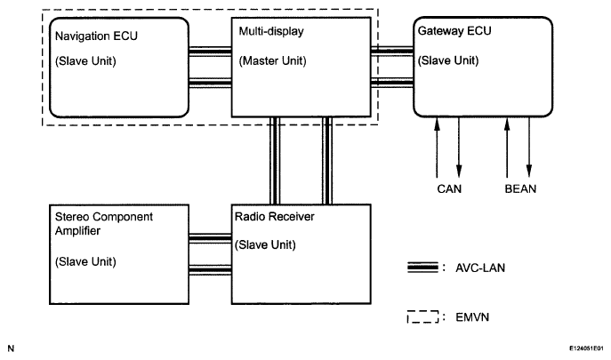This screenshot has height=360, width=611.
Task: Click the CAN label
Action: pyautogui.click(x=449, y=188)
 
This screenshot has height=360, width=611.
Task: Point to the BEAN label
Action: pyautogui.click(x=519, y=188)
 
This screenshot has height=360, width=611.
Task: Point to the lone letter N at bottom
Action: pyautogui.click(x=11, y=348)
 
